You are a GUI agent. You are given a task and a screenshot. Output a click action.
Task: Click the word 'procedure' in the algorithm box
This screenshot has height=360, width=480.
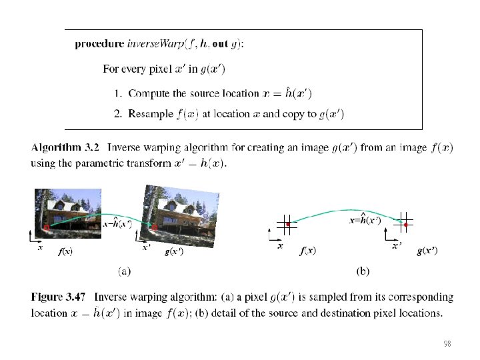(x=99, y=45)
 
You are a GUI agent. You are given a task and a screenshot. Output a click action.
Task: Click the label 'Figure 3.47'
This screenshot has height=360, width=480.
(x=59, y=297)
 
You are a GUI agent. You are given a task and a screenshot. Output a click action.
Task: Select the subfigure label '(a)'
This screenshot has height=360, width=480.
(x=124, y=271)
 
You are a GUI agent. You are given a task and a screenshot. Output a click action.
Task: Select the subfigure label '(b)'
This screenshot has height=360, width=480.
(x=363, y=271)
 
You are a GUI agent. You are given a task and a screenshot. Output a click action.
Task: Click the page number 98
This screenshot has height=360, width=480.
(x=447, y=344)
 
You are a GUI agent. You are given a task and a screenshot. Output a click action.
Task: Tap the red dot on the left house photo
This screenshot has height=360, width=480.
(x=47, y=228)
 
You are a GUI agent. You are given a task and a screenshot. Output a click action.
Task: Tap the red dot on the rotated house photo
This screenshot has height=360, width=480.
(x=155, y=228)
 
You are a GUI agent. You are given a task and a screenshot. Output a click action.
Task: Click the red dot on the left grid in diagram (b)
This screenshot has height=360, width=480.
(x=287, y=225)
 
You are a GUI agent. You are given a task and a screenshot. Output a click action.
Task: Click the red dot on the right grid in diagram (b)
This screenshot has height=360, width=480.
(x=406, y=225)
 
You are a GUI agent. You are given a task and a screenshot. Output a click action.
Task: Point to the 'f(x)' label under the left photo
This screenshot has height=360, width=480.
(x=65, y=251)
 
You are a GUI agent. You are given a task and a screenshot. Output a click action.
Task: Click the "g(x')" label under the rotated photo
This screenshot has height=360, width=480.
(x=174, y=251)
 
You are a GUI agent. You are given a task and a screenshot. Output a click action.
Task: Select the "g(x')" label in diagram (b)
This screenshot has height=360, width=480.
(x=427, y=251)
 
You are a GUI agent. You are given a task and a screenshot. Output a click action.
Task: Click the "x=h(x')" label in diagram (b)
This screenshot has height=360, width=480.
(x=365, y=219)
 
